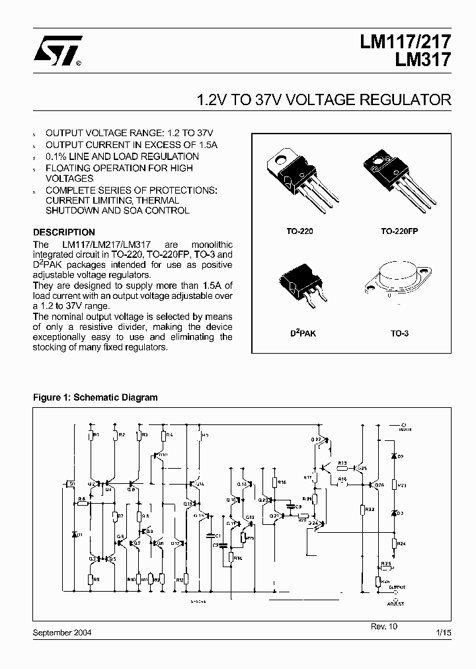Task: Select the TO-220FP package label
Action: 399,232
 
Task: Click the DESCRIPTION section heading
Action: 64,233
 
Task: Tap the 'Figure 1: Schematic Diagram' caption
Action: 96,397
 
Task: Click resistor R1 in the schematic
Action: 91,435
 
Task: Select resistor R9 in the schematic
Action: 91,579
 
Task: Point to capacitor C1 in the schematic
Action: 210,534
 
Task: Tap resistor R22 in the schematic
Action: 363,510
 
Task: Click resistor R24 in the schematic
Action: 394,543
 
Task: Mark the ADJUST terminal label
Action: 396,603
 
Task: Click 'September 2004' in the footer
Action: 62,633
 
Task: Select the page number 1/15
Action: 444,633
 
